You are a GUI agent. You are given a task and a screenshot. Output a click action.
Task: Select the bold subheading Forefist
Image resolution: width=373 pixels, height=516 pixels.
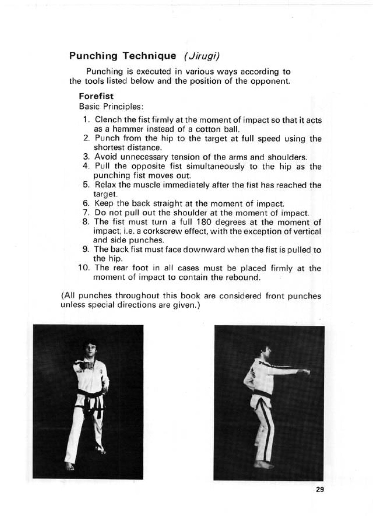click(x=96, y=96)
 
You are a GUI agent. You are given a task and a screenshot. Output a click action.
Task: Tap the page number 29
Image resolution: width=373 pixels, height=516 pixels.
click(x=320, y=490)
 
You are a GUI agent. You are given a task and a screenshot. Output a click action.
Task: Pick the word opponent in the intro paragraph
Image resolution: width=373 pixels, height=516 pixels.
click(x=270, y=81)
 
